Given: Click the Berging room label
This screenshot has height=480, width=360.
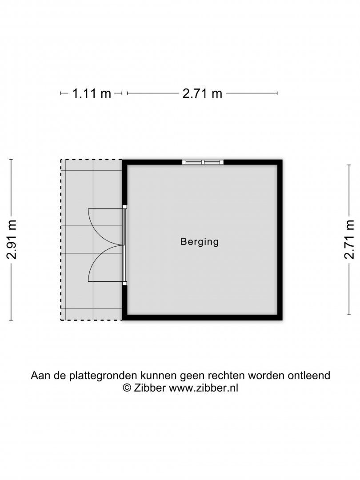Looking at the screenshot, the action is (x=200, y=242).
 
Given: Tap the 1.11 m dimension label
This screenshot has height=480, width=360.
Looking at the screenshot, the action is (x=92, y=93).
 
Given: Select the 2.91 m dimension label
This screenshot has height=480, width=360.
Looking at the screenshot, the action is (x=12, y=240).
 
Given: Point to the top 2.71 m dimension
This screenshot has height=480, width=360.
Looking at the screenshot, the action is (x=202, y=93).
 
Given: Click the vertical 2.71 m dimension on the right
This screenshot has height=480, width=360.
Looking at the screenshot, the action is (x=349, y=240).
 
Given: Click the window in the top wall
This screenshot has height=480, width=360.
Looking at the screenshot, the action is (x=203, y=162).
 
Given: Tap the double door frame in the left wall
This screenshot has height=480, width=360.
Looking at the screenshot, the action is (x=124, y=245).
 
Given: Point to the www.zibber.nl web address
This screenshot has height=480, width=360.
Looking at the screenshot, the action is (x=204, y=388).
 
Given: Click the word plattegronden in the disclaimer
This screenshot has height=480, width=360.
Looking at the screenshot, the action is (x=104, y=376).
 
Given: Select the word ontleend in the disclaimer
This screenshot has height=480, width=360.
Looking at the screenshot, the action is (x=308, y=375).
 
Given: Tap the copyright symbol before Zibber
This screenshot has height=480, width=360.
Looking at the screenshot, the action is (x=127, y=388).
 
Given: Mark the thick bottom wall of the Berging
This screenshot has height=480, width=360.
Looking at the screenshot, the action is (x=202, y=318).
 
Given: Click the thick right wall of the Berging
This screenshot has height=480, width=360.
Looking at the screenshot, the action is (x=280, y=240).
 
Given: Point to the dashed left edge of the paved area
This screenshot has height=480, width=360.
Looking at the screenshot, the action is (x=61, y=240).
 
